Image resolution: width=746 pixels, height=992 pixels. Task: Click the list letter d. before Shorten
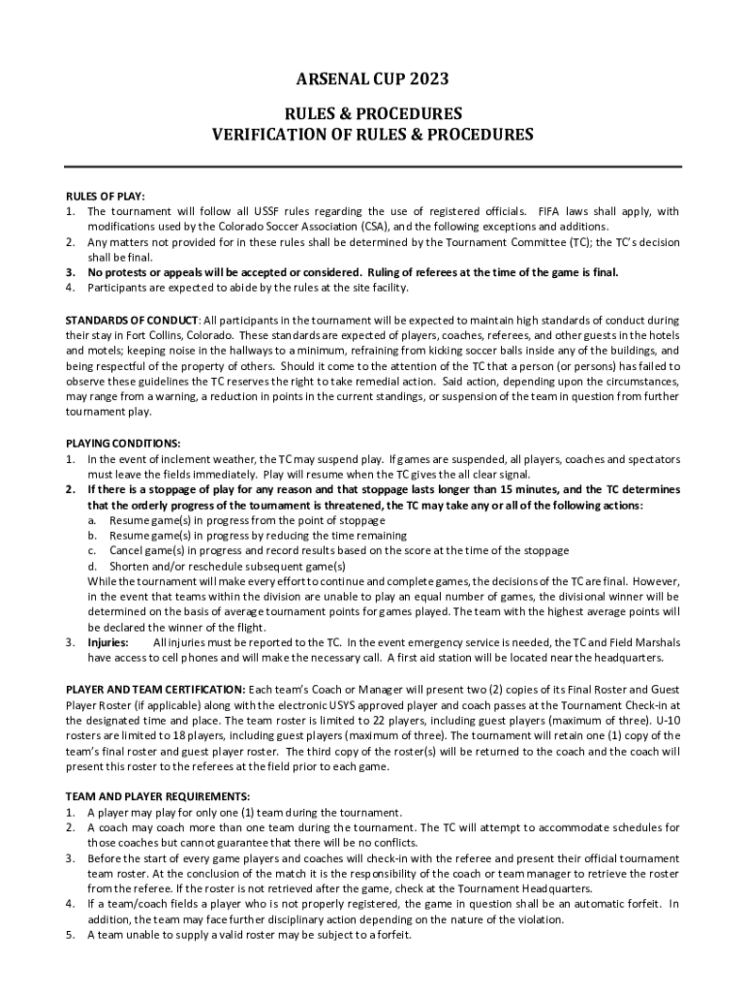[x=92, y=566]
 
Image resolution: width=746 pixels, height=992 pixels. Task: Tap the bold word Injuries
[x=109, y=642]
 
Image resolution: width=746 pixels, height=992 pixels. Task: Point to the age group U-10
[x=667, y=720]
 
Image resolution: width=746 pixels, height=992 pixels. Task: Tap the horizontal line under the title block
[x=373, y=167]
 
